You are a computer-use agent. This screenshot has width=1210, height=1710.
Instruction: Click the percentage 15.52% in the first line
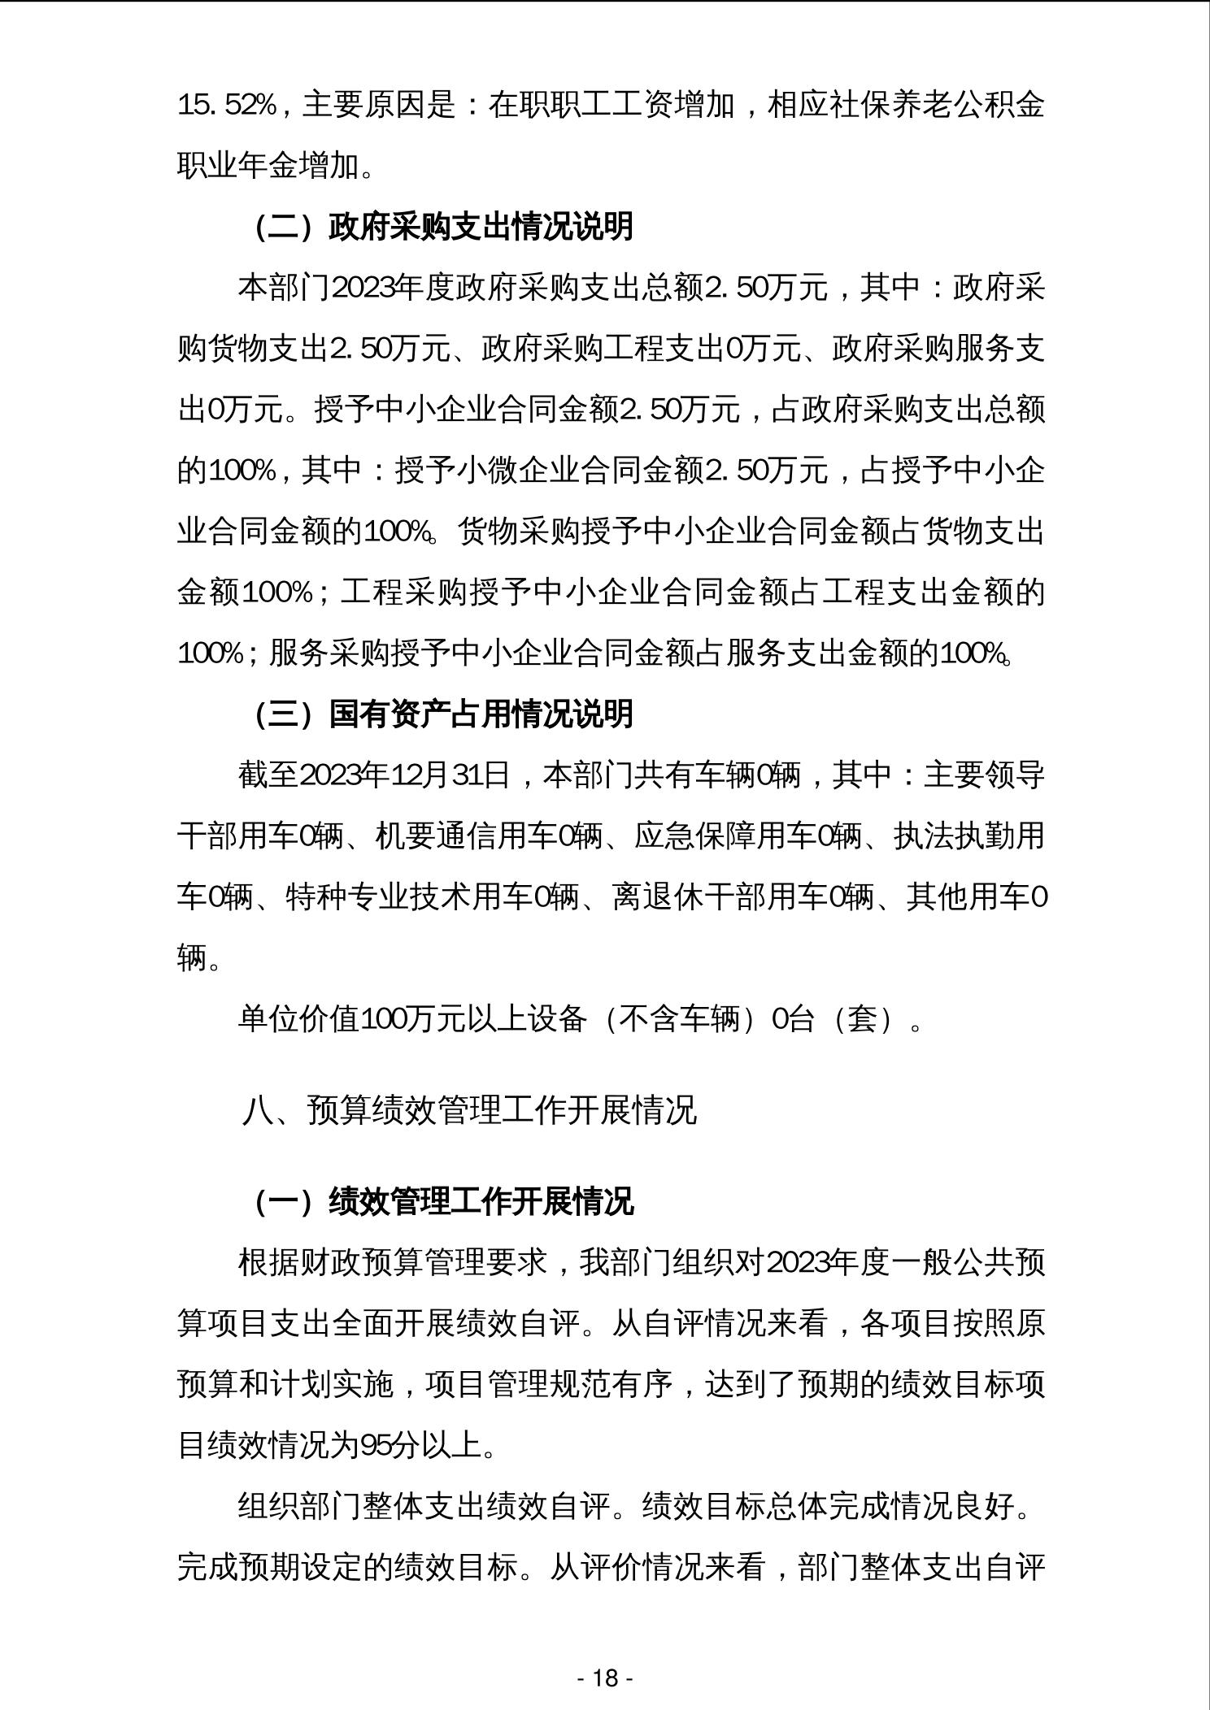(229, 106)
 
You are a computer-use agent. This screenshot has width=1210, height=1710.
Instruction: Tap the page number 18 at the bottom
(605, 1677)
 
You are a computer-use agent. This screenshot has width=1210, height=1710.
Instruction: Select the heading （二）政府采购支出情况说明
(443, 227)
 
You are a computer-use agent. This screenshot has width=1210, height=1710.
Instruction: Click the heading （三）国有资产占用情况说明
(443, 714)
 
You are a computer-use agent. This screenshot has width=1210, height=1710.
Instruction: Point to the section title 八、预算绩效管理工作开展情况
(469, 1110)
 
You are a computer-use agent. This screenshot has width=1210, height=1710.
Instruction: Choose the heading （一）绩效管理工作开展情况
(443, 1201)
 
